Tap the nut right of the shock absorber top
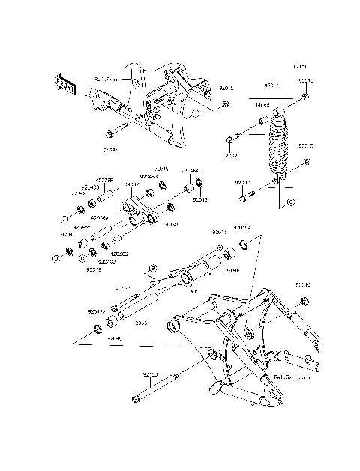(x=306, y=97)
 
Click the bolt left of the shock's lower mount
(x=247, y=197)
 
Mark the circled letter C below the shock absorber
(x=290, y=202)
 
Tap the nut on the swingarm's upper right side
(x=304, y=301)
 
